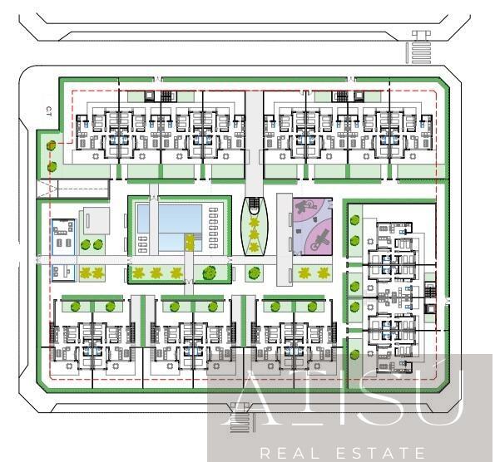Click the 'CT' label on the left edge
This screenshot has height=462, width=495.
point(50,109)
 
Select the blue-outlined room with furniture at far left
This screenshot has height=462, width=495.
point(62,237)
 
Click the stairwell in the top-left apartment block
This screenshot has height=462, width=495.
point(151,96)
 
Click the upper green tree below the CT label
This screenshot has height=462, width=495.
point(52,146)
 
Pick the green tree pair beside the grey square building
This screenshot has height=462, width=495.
point(93,245)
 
